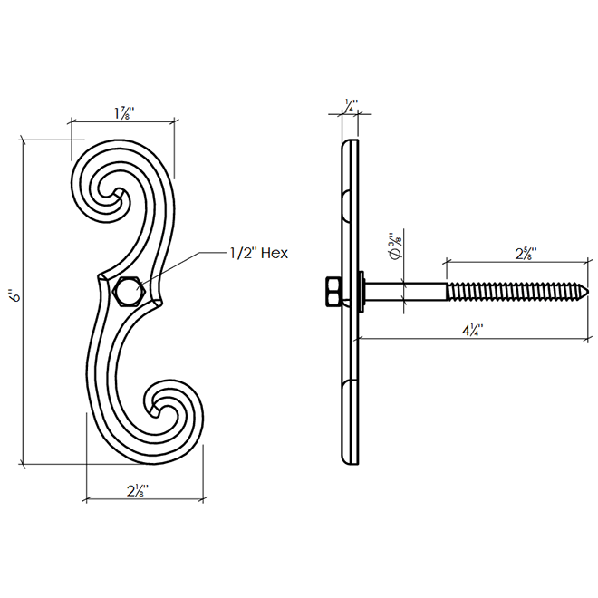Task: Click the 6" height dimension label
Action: click(14, 296)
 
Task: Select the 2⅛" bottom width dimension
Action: click(138, 490)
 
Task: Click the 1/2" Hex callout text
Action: click(259, 253)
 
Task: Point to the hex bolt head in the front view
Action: click(130, 292)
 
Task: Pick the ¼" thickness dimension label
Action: click(352, 105)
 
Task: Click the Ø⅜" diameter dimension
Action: click(396, 246)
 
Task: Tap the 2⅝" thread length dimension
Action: click(526, 254)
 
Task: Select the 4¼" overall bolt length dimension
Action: click(473, 331)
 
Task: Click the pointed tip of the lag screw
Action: click(588, 292)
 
